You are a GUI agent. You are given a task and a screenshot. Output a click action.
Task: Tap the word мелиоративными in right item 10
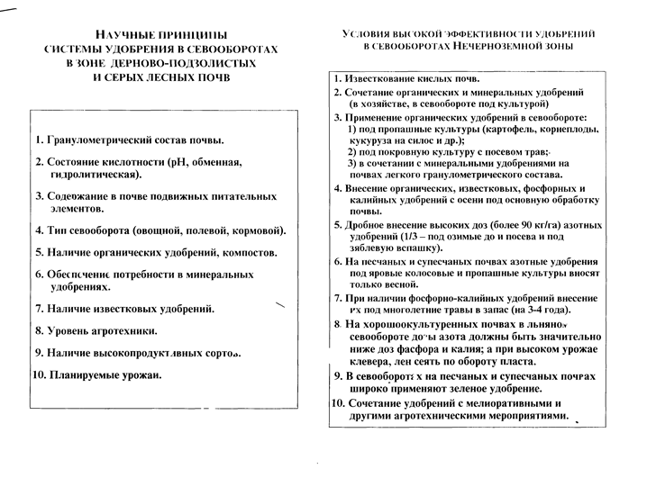click(510, 405)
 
